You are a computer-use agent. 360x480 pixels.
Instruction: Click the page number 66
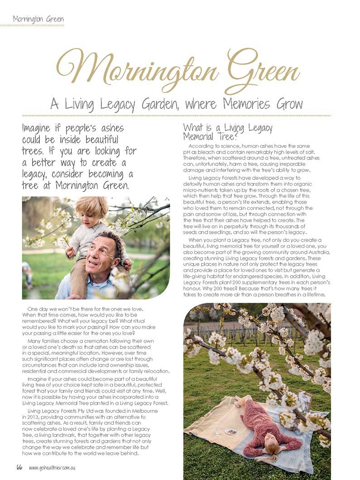click(19, 467)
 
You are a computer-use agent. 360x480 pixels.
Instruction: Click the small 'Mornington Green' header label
click(38, 19)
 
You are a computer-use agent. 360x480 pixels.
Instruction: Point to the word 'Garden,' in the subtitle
click(156, 104)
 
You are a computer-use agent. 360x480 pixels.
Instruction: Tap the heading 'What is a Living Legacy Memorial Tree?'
click(227, 131)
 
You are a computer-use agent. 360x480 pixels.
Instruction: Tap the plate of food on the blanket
click(230, 432)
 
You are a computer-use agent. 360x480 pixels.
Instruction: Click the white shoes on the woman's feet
click(237, 400)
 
